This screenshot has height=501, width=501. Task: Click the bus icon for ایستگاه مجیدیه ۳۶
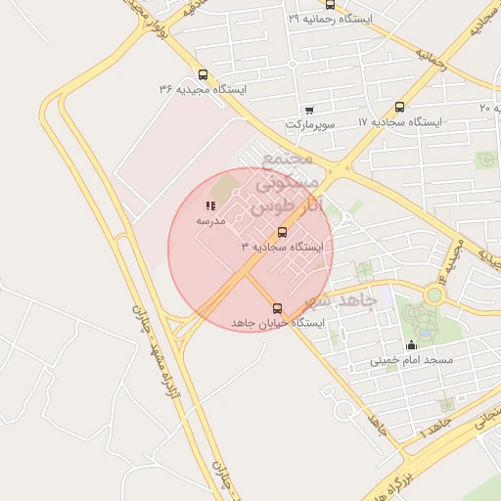(x=203, y=75)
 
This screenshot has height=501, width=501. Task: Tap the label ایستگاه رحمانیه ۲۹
(x=329, y=19)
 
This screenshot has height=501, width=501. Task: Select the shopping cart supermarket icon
(x=309, y=110)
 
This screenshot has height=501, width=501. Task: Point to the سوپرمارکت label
(x=311, y=124)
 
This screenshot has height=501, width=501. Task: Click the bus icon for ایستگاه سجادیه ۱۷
(x=399, y=108)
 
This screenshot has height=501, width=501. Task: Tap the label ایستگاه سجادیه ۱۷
(x=399, y=122)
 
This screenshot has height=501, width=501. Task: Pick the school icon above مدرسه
(x=211, y=205)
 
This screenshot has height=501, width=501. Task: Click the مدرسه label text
(x=210, y=220)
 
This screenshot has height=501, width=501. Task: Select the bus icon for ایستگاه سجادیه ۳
(x=283, y=232)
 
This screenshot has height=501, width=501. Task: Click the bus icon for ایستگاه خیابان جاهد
(x=277, y=308)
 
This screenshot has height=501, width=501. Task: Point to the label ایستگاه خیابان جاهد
(x=271, y=323)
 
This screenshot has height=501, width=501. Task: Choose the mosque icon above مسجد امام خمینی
(x=411, y=344)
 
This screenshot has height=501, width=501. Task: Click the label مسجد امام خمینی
(x=411, y=359)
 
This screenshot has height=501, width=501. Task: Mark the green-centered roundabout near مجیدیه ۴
(x=433, y=294)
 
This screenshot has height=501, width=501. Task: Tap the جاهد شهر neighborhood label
(x=340, y=300)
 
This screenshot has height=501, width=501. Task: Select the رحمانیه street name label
(x=431, y=60)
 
